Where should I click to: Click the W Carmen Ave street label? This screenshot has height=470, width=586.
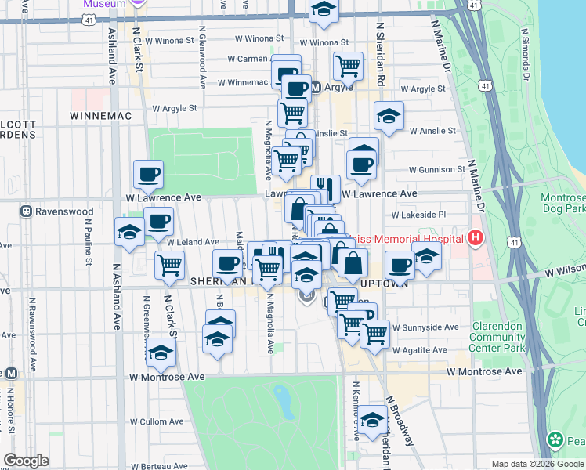[x=249, y=59]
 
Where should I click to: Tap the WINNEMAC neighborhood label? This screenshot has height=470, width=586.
[x=98, y=115]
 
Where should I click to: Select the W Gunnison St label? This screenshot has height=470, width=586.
[x=436, y=169]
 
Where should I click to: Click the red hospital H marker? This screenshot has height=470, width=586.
[x=474, y=237]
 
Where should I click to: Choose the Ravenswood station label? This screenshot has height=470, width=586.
[x=63, y=211]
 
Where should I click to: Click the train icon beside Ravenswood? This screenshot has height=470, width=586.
[x=26, y=211]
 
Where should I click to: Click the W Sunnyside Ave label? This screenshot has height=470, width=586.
[x=425, y=327]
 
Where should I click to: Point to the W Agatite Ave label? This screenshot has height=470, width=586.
[x=421, y=349]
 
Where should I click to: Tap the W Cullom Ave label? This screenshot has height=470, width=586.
[x=156, y=421]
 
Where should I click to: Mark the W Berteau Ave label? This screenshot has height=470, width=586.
[x=159, y=465]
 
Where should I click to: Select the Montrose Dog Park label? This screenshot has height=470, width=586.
[x=562, y=204]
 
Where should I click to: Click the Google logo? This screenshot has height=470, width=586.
[x=27, y=461]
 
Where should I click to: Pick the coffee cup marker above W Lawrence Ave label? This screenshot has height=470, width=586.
[x=147, y=175]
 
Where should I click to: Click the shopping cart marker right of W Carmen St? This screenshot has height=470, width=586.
[x=348, y=66]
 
